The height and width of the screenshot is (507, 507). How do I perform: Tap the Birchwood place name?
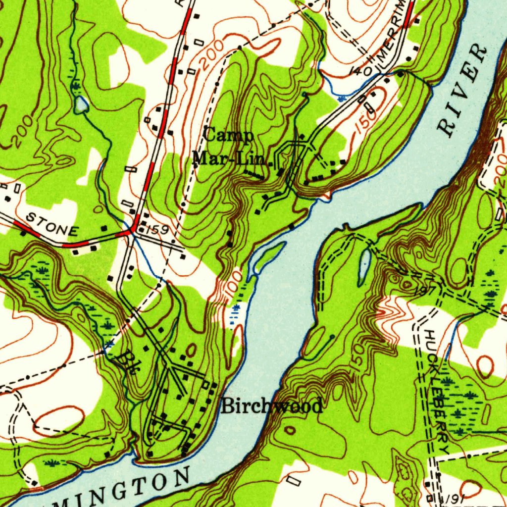pos(271,406)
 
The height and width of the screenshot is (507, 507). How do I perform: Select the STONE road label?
pos(51,224)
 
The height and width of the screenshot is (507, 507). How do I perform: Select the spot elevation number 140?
pos(360,71)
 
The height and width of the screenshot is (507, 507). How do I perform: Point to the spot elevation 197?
pos(429,290)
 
